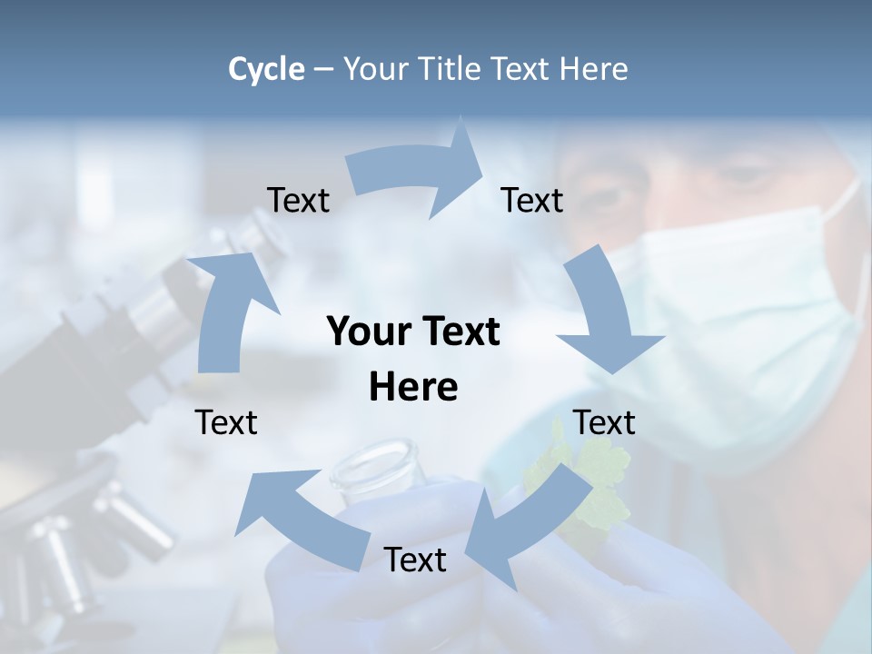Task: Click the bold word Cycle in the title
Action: [266, 69]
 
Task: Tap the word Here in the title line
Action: [594, 69]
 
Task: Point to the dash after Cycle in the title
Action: [324, 69]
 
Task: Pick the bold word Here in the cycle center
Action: [413, 387]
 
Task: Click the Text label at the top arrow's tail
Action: [298, 201]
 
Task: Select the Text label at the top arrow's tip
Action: [532, 201]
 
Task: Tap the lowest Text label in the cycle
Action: [415, 560]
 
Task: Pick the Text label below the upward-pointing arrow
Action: [226, 422]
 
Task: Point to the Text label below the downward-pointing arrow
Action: [604, 422]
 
